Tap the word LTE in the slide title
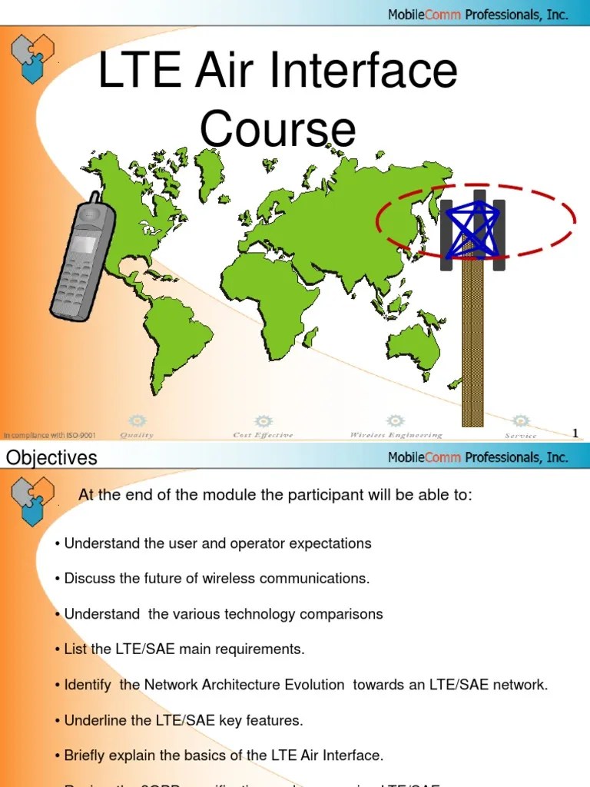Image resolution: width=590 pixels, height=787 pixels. pyautogui.click(x=140, y=71)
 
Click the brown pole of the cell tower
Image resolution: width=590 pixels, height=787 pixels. pyautogui.click(x=472, y=346)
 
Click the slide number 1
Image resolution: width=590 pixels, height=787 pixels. pyautogui.click(x=575, y=433)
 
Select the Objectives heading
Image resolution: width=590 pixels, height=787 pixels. pyautogui.click(x=51, y=458)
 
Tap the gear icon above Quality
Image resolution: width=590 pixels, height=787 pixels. pyautogui.click(x=137, y=421)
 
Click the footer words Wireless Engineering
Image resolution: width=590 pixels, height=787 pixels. pyautogui.click(x=396, y=435)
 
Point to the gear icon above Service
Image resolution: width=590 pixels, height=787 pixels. pyautogui.click(x=521, y=421)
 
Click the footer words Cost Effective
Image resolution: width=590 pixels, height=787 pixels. pyautogui.click(x=263, y=435)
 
